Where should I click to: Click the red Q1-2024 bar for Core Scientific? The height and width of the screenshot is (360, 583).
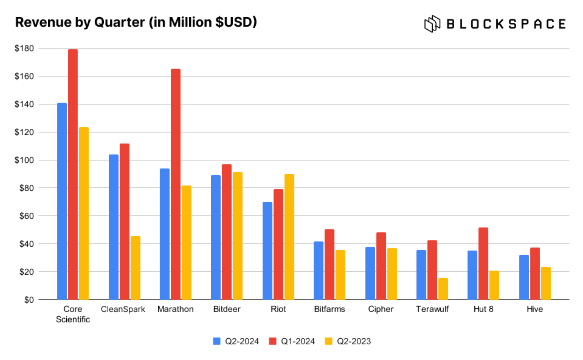(x=73, y=174)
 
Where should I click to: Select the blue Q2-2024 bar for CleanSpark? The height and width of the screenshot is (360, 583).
(x=114, y=227)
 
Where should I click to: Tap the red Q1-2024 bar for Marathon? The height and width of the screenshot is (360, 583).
(x=176, y=184)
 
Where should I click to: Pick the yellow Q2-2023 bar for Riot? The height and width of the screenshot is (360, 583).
(x=289, y=237)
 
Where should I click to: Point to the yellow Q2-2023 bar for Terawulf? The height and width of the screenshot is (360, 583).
(x=443, y=289)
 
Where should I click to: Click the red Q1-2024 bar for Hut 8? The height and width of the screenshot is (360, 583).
(x=483, y=263)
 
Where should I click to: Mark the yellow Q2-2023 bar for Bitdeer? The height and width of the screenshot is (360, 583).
(x=238, y=236)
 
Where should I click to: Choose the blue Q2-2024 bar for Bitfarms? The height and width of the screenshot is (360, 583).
(x=319, y=270)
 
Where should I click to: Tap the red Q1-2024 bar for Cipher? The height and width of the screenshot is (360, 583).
(x=381, y=266)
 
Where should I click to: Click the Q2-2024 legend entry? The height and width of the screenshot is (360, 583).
(x=236, y=341)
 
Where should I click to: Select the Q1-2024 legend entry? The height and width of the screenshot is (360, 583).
(x=292, y=341)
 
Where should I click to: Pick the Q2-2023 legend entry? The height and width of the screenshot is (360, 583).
(x=348, y=341)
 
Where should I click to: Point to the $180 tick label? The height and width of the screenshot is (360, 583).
(x=24, y=48)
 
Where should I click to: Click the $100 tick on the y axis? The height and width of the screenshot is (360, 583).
(x=24, y=160)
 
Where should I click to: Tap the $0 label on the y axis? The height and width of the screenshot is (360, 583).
(x=29, y=300)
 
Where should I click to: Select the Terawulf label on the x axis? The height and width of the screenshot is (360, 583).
(x=432, y=309)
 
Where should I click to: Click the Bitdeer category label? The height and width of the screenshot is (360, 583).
(x=227, y=309)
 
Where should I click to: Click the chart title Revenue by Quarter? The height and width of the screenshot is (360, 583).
(x=136, y=22)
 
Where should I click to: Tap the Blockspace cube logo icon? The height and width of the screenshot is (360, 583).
(x=432, y=24)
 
